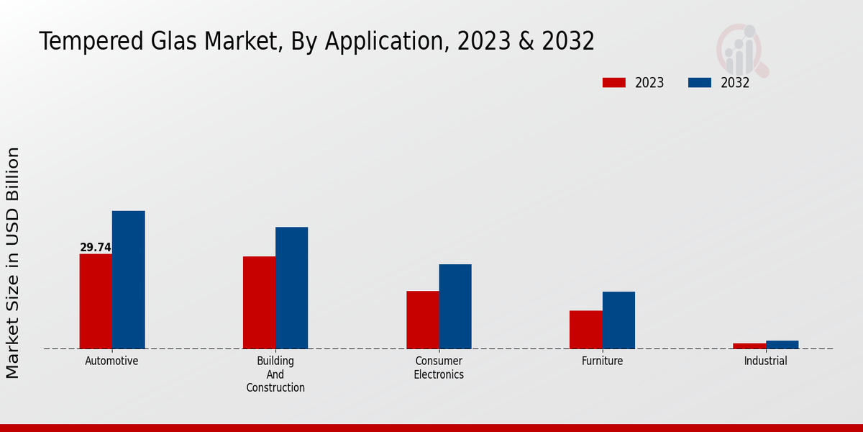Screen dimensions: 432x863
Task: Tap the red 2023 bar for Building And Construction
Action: (x=259, y=302)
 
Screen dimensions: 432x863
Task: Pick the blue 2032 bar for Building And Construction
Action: (x=291, y=288)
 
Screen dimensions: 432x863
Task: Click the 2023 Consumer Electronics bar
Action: (x=422, y=320)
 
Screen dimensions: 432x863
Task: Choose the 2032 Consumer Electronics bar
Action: (x=455, y=306)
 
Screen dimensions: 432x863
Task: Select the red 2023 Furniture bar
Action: (x=585, y=330)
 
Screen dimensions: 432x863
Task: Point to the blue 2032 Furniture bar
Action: (x=618, y=320)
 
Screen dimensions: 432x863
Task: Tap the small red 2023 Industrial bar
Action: (x=749, y=346)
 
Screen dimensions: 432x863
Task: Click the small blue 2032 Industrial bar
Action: (x=782, y=345)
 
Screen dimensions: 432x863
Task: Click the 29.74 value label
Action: (x=96, y=248)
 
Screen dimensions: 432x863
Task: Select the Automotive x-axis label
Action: (x=111, y=361)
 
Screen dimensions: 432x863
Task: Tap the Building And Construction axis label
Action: (x=275, y=374)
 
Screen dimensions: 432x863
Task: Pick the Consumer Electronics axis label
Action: (x=439, y=368)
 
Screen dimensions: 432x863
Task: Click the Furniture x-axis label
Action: (x=603, y=361)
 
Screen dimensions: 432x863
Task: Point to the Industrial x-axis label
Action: (x=765, y=361)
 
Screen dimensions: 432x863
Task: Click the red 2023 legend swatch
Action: (x=614, y=83)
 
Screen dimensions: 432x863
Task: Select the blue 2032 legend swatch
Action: (x=700, y=83)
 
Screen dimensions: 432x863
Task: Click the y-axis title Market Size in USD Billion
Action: (x=13, y=263)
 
